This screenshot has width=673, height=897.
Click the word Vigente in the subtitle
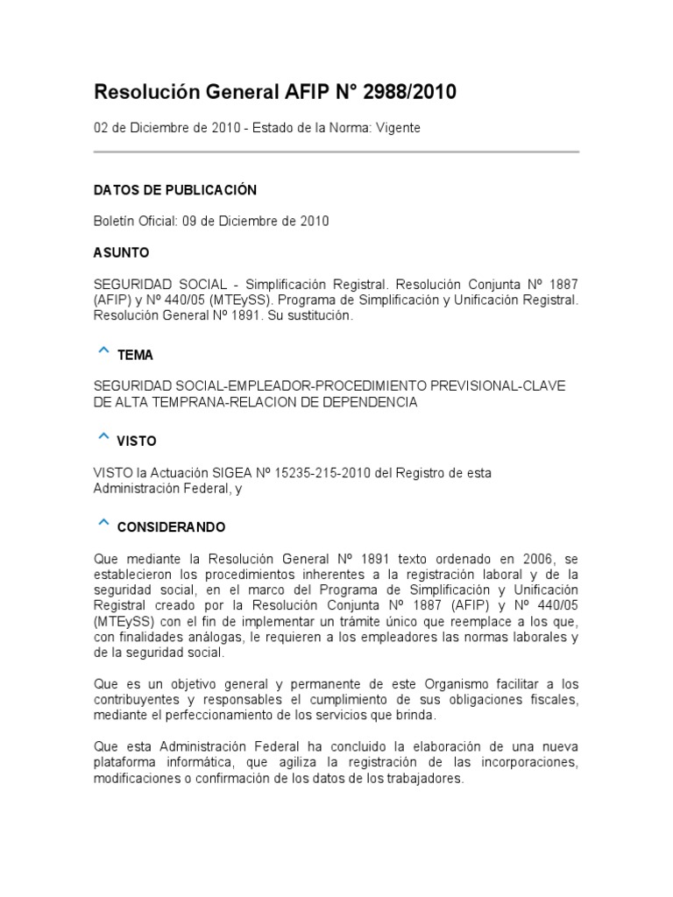point(399,128)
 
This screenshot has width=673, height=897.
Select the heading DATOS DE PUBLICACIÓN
point(175,190)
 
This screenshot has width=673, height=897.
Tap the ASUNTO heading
point(122,253)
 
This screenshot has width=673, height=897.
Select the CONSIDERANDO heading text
point(171,527)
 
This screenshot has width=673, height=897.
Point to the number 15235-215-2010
point(329,473)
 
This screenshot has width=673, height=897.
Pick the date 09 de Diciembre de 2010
point(256,222)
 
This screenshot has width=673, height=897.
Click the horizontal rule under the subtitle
point(336,152)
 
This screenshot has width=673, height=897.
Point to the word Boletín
point(114,222)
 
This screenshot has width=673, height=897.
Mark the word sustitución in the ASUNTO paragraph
point(316,316)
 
